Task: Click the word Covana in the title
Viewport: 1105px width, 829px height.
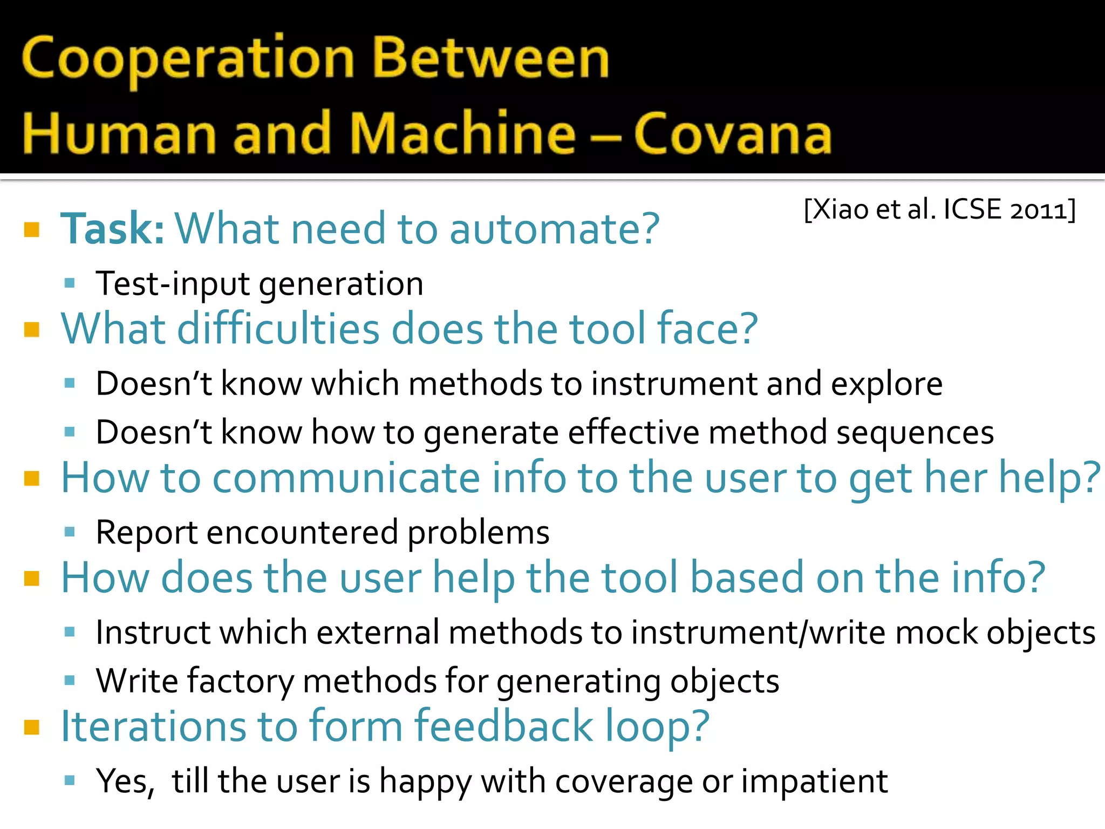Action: pos(732,134)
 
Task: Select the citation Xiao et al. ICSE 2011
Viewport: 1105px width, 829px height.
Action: pos(939,209)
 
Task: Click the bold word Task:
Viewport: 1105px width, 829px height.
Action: pos(112,229)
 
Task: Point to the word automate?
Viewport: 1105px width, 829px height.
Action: pos(554,229)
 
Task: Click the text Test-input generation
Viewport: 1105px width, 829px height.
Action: pos(259,284)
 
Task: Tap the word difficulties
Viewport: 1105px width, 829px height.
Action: pos(278,329)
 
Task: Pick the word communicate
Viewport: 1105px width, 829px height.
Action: pos(345,478)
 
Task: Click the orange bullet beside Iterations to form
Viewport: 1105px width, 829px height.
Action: pos(32,728)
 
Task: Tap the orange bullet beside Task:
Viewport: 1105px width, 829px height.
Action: pos(32,230)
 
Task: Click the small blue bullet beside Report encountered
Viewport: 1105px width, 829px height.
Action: pos(69,533)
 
